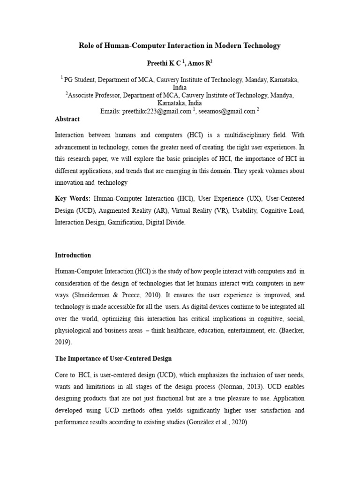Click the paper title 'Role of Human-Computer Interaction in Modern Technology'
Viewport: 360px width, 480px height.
pos(180,45)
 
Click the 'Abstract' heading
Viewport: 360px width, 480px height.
pos(67,119)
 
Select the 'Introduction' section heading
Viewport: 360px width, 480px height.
pos(73,255)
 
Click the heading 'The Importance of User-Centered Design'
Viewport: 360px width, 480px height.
pos(113,359)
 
